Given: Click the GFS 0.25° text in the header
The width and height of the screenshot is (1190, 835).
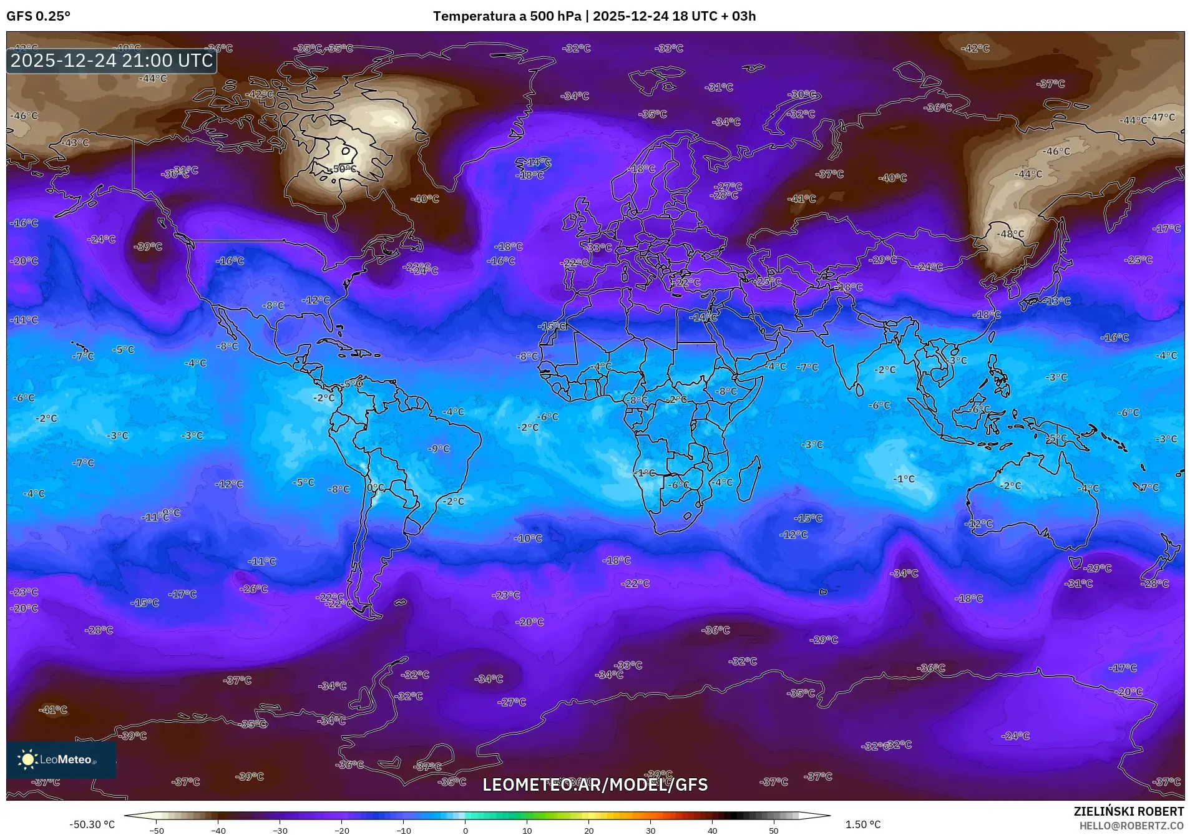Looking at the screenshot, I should tap(38, 16).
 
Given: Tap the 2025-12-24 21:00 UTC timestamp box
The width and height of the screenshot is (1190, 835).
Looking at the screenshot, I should tap(112, 61).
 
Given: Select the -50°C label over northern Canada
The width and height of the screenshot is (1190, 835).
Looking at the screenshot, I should tap(342, 169).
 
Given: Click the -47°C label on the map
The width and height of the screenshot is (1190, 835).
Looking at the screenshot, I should tap(1162, 117).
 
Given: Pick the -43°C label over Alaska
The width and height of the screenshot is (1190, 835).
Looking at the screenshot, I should tap(76, 143).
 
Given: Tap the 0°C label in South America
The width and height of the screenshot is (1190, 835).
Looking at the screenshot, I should tap(376, 488).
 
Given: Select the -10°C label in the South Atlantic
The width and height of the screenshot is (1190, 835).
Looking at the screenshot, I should tap(529, 538).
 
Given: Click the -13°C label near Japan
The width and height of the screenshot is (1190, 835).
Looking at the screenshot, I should tap(1056, 301).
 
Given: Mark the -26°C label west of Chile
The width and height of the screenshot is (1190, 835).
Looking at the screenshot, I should tap(254, 588).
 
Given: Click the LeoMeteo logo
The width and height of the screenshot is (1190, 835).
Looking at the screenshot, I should tap(61, 759).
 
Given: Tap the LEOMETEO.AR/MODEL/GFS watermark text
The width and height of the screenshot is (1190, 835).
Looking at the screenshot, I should tap(595, 784).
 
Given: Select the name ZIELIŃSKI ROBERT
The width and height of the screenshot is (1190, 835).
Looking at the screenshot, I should tap(1128, 812).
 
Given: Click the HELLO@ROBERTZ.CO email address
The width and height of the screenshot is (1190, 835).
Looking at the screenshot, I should tap(1131, 826).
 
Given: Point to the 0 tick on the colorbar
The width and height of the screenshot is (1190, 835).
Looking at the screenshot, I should tap(465, 830).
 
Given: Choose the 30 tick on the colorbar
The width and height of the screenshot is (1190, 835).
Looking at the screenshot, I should tap(650, 830).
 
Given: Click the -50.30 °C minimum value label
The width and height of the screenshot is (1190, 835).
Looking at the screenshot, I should tap(92, 824).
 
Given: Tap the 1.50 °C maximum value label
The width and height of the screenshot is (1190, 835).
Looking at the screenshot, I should tap(863, 824).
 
